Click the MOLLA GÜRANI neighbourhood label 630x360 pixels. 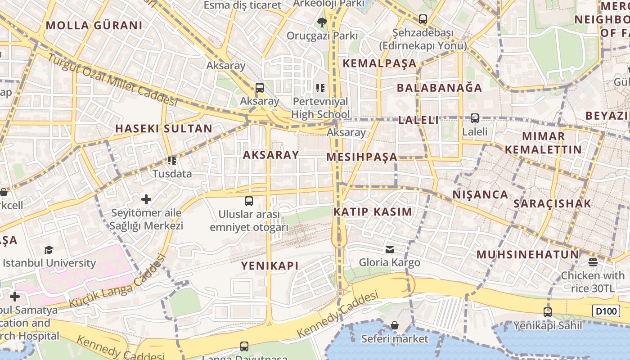click(94, 25)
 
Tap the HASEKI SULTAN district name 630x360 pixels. click(163, 128)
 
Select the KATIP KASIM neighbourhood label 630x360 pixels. click(373, 212)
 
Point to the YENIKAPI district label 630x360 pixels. click(270, 265)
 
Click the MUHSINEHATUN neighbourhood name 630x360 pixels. click(527, 254)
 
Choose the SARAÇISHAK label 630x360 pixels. click(552, 203)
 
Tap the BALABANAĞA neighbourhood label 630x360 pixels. click(439, 87)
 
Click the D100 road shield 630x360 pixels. click(606, 311)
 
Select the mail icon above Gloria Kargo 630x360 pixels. click(389, 249)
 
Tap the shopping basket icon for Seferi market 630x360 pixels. click(395, 325)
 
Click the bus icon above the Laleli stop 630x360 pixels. click(475, 118)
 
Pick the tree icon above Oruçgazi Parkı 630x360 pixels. click(322, 22)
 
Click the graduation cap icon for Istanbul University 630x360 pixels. click(49, 250)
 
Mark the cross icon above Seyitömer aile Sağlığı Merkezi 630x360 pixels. click(146, 199)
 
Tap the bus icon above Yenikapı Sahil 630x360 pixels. click(548, 312)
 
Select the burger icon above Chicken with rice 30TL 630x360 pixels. click(593, 262)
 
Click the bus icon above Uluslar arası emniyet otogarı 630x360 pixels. click(249, 201)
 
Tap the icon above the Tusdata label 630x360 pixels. click(171, 160)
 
